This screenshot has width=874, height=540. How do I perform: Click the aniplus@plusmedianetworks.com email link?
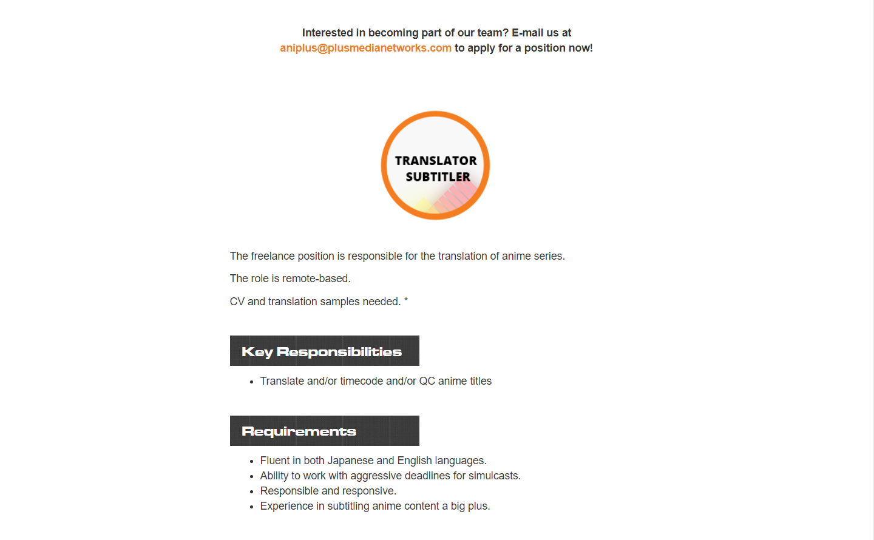[x=365, y=48]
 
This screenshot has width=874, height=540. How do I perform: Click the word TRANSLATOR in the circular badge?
[x=436, y=161]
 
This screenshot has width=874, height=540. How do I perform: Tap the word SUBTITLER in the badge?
[x=438, y=177]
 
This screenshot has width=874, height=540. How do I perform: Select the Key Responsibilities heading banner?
[x=324, y=351]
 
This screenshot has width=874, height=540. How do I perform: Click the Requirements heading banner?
[x=324, y=431]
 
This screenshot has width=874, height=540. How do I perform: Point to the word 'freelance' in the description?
[x=272, y=256]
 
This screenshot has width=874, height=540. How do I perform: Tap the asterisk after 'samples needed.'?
[x=406, y=300]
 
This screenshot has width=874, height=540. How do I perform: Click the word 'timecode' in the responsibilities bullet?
[x=361, y=381]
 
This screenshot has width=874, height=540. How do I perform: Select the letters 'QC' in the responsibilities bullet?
[x=427, y=381]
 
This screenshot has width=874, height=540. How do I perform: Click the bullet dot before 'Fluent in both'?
[x=251, y=462]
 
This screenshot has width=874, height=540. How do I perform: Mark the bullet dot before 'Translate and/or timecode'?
[x=251, y=382]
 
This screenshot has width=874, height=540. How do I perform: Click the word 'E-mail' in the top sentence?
[x=527, y=33]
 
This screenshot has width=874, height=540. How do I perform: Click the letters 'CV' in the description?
[x=237, y=302]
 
